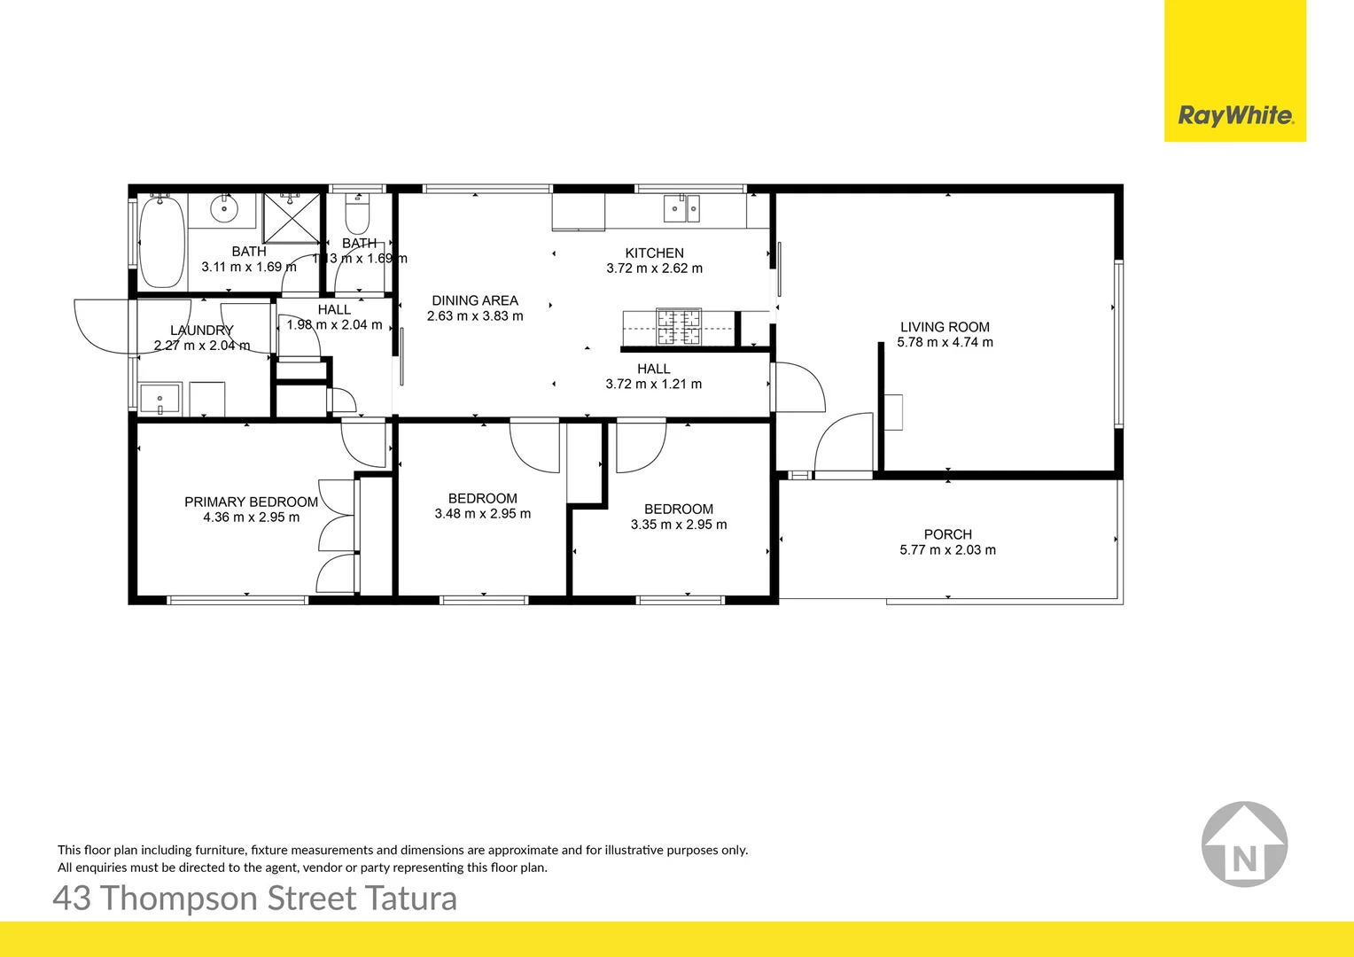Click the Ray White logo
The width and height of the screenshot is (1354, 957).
tap(1235, 115)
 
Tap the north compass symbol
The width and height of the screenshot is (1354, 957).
tap(1244, 844)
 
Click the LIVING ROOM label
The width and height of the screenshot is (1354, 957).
tap(945, 327)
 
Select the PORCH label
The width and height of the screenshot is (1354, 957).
tap(947, 534)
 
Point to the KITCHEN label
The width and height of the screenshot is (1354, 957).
tap(654, 253)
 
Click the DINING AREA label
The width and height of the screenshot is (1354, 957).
tap(475, 301)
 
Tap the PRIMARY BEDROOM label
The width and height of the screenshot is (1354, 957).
tap(251, 502)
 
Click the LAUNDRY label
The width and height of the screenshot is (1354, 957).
tap(201, 331)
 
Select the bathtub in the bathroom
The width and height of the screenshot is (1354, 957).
tap(161, 240)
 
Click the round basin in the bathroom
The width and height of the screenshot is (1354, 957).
tap(224, 210)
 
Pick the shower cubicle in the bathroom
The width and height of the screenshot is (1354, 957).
tap(292, 217)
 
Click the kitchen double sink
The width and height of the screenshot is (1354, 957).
tap(681, 209)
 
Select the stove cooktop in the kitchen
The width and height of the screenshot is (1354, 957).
tap(678, 326)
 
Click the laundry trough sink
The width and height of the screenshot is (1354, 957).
tap(160, 399)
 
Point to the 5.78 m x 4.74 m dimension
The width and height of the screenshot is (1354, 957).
tap(945, 342)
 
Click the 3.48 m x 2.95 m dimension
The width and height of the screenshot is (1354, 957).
tap(483, 514)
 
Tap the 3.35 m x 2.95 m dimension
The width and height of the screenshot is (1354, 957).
tap(679, 525)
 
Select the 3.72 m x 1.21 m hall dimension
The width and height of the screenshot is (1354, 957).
tap(653, 385)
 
